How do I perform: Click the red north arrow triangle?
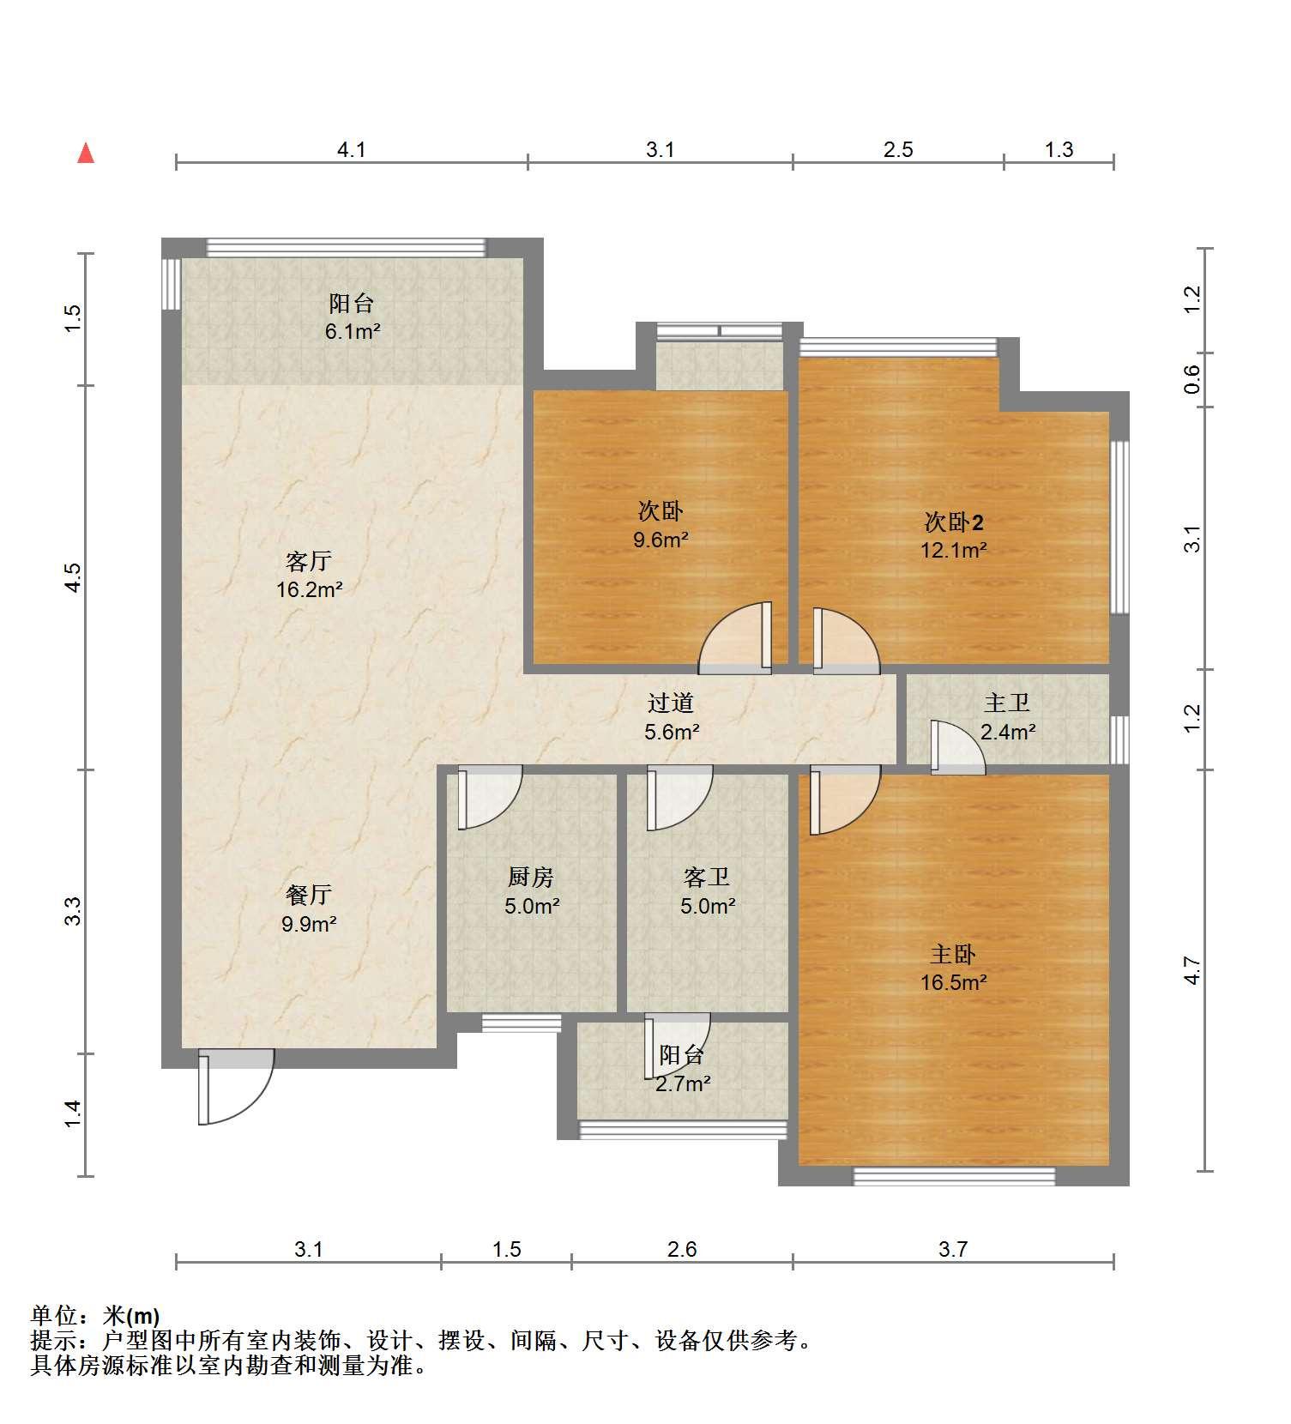click(86, 154)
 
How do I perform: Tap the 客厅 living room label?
click(309, 562)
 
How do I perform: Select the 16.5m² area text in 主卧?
click(953, 983)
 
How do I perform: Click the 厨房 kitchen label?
click(531, 877)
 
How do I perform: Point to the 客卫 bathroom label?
click(707, 877)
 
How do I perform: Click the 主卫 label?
click(1007, 703)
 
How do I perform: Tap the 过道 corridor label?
click(671, 703)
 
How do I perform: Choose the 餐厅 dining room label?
click(309, 895)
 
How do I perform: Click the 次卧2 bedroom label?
click(953, 522)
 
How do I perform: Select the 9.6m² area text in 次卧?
click(661, 540)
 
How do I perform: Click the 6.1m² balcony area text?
click(352, 332)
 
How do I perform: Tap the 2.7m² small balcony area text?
click(682, 1083)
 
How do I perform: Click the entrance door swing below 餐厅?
click(235, 1087)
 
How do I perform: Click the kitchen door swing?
click(490, 797)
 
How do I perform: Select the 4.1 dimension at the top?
click(352, 150)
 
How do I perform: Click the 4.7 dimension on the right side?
click(1192, 970)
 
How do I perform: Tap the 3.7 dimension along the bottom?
click(953, 1249)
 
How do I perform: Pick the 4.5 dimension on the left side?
click(74, 576)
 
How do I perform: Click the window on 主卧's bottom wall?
click(954, 1176)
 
